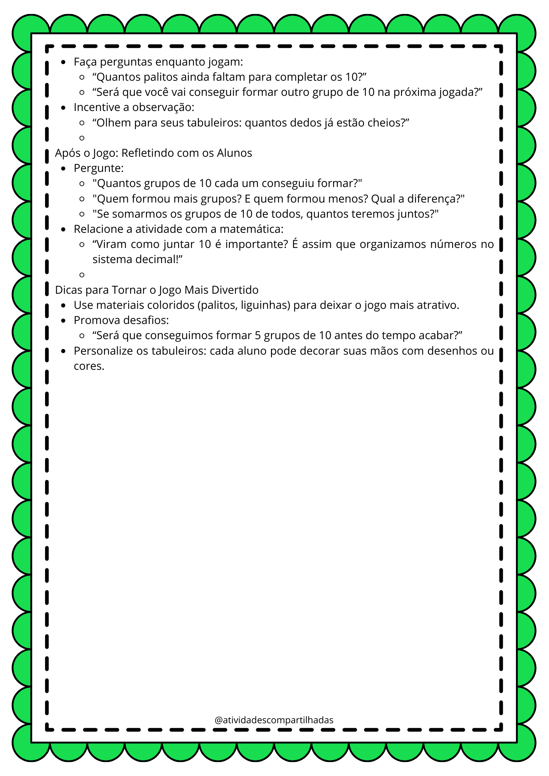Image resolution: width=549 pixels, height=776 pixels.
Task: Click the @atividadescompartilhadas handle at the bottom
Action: (274, 720)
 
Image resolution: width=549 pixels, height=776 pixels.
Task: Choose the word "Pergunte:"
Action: (99, 168)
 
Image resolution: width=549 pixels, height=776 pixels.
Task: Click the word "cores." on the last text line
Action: (89, 366)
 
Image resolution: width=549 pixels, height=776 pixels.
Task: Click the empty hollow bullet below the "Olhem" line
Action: (82, 138)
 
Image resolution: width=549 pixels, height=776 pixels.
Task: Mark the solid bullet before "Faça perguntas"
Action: (64, 62)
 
